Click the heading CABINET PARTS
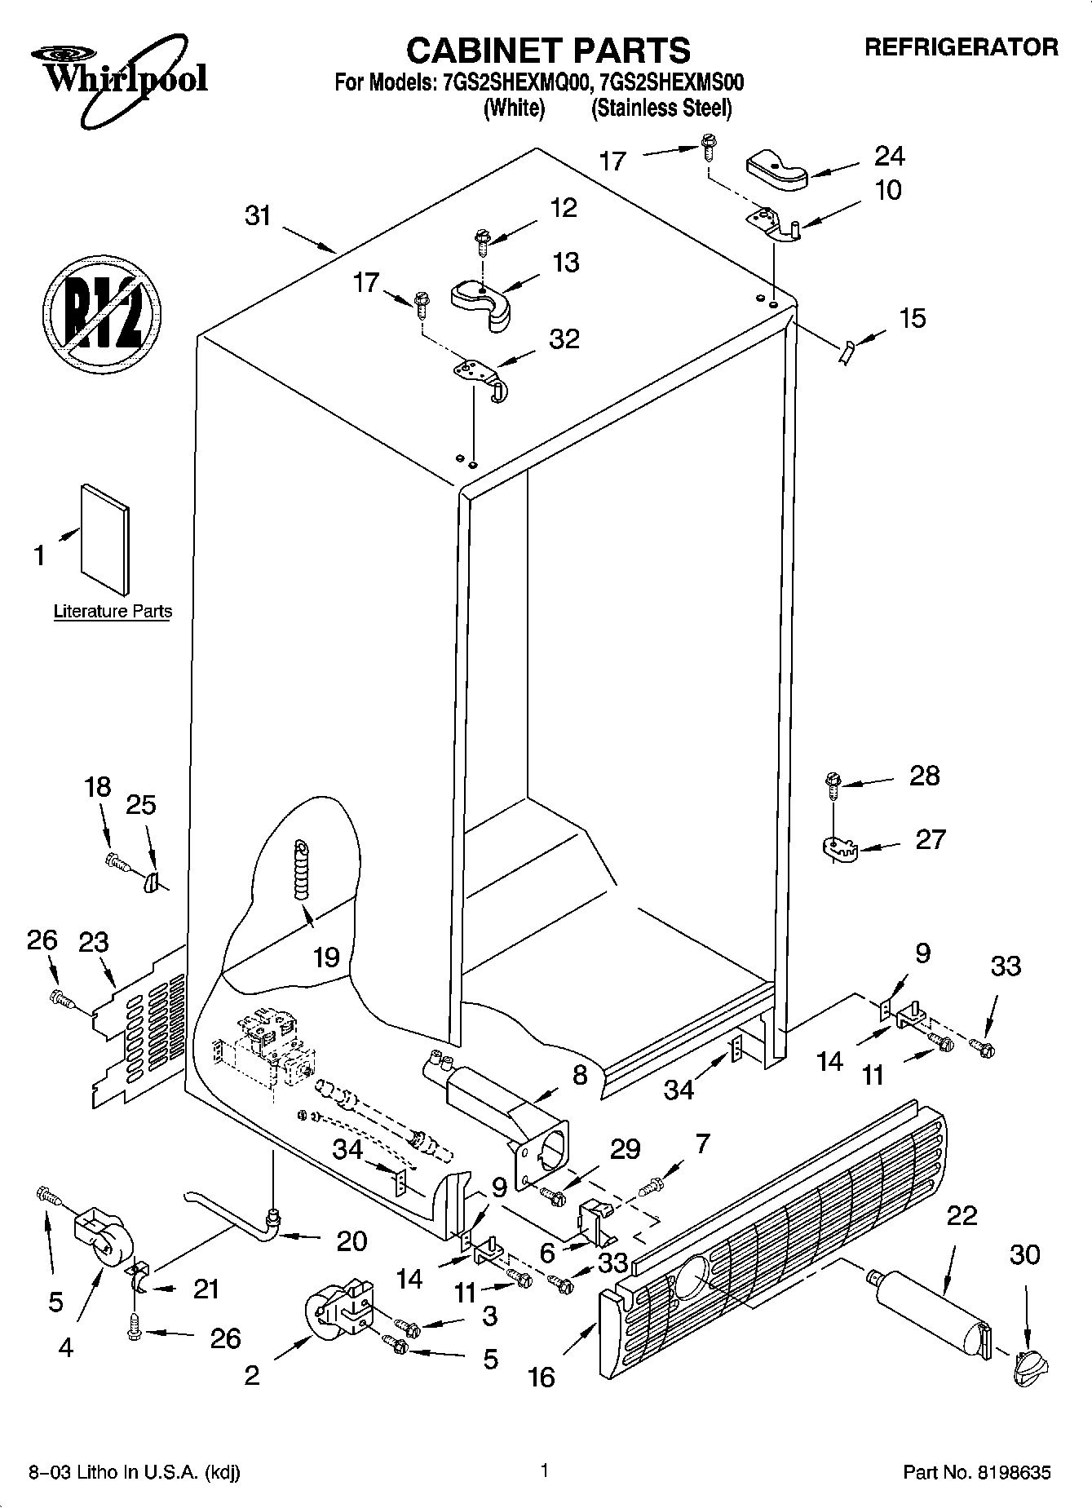click(548, 51)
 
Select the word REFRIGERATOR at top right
click(961, 48)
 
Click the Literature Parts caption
click(113, 611)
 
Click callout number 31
click(258, 216)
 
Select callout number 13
click(566, 263)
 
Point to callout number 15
click(913, 317)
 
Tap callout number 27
click(931, 839)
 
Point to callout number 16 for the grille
click(541, 1377)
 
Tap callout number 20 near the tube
click(351, 1240)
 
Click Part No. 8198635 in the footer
click(976, 1473)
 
